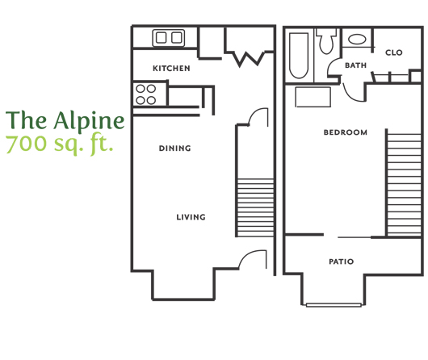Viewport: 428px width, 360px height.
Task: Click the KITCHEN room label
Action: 171,69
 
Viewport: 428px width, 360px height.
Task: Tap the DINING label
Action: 174,149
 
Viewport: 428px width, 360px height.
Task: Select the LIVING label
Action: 191,217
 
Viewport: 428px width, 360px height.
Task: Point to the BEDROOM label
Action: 346,132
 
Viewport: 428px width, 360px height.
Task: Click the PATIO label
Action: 342,262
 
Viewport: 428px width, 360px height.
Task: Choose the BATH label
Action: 355,65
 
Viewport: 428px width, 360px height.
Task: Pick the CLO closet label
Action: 393,52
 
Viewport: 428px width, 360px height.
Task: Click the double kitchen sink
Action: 169,38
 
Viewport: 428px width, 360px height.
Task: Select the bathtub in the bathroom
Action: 299,56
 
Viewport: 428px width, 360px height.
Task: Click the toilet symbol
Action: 326,41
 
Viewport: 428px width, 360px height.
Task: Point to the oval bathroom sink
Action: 357,40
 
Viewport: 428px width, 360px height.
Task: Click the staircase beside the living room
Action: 255,207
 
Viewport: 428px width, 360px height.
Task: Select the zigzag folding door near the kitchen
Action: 249,58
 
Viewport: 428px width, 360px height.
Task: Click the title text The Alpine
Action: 65,120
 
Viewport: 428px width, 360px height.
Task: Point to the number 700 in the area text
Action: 26,144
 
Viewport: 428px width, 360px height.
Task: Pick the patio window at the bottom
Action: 334,305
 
